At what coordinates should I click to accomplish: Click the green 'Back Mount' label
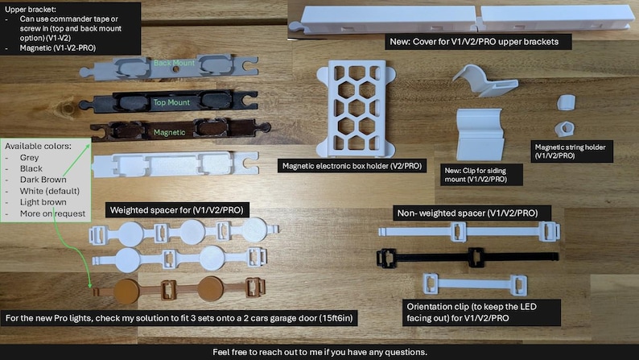[x=174, y=63]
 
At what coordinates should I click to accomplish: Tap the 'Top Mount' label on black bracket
[x=171, y=102]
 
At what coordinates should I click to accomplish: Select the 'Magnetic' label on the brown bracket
[x=169, y=133]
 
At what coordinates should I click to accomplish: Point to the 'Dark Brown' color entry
[x=43, y=180]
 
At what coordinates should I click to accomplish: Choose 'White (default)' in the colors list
[x=49, y=191]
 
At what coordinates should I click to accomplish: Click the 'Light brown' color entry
[x=43, y=202]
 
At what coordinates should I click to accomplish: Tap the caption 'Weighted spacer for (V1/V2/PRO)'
[x=176, y=210]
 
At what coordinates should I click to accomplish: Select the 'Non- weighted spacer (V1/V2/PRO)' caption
[x=468, y=213]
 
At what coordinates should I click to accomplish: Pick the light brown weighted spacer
[x=179, y=289]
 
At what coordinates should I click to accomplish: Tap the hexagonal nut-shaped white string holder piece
[x=565, y=129]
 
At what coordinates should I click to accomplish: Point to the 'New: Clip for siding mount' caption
[x=476, y=175]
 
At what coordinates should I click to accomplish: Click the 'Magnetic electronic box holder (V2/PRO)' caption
[x=352, y=166]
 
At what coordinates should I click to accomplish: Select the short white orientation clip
[x=475, y=283]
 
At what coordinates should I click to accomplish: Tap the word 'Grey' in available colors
[x=29, y=157]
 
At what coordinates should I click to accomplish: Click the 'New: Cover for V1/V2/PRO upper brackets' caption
[x=474, y=42]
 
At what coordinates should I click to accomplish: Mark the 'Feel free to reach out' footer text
[x=319, y=352]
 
